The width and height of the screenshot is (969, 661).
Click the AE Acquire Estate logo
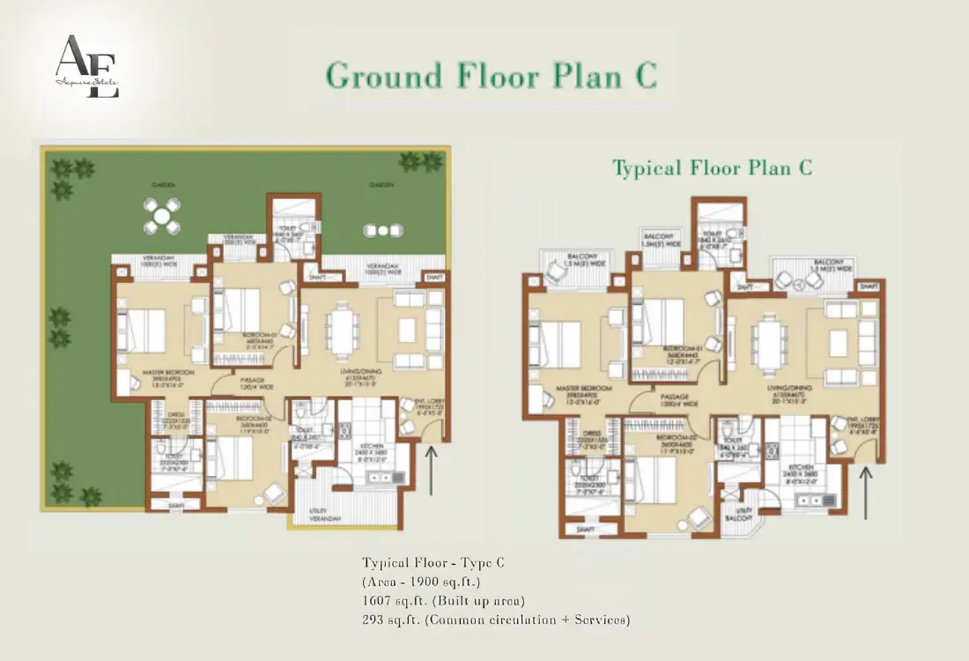[86, 66]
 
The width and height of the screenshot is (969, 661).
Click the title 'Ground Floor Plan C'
[492, 76]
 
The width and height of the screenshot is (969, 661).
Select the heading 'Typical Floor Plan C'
[712, 167]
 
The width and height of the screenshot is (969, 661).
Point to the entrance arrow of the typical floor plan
[866, 490]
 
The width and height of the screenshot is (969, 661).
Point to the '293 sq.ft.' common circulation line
[495, 620]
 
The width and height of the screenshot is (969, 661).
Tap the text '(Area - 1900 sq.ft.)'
[420, 582]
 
